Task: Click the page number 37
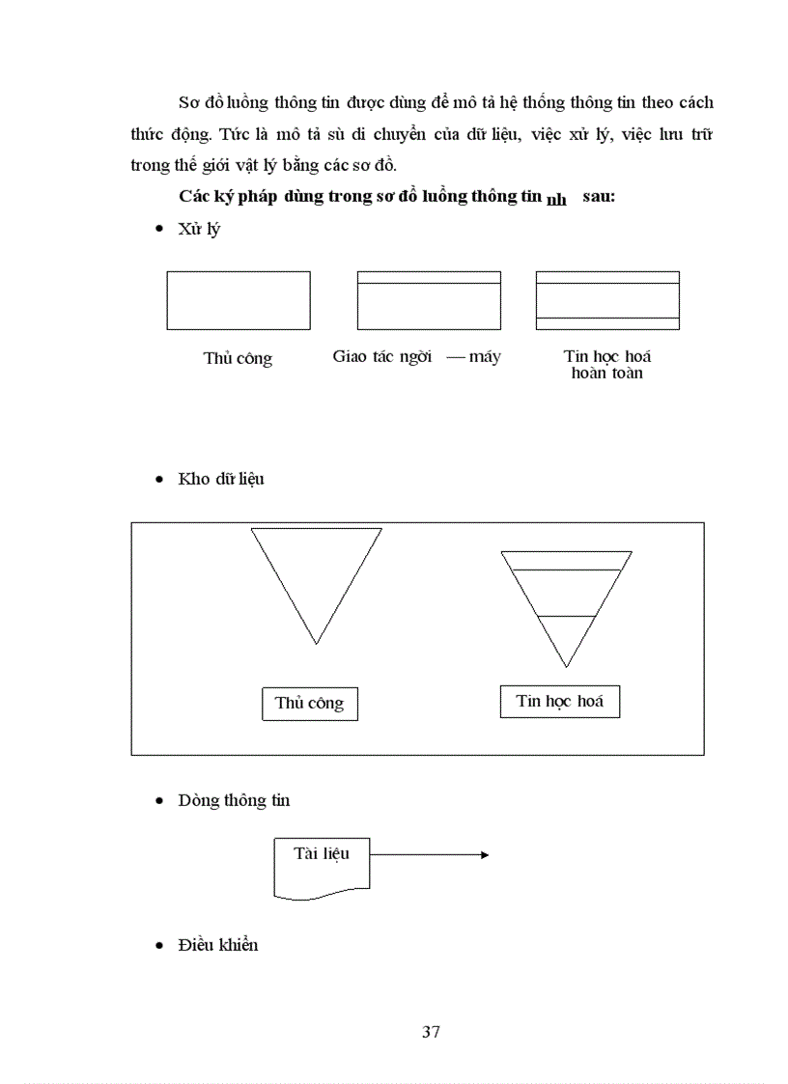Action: click(431, 1032)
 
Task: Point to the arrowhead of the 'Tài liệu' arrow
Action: click(484, 854)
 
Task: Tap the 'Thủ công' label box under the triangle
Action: click(309, 703)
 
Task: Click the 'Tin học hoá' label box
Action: click(560, 701)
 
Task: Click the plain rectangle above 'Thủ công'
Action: click(239, 301)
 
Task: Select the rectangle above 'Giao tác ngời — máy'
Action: click(429, 301)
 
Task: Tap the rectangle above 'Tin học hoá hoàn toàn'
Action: click(607, 301)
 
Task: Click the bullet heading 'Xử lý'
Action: click(199, 230)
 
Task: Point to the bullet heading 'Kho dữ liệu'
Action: click(221, 479)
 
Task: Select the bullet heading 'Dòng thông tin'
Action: click(234, 800)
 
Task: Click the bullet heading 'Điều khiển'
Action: click(218, 945)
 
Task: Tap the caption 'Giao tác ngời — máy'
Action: click(416, 357)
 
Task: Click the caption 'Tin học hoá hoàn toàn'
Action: click(607, 364)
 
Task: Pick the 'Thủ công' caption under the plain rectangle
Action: click(238, 358)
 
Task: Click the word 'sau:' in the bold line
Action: click(599, 196)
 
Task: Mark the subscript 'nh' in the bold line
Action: click(556, 201)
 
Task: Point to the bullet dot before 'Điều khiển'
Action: click(159, 946)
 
